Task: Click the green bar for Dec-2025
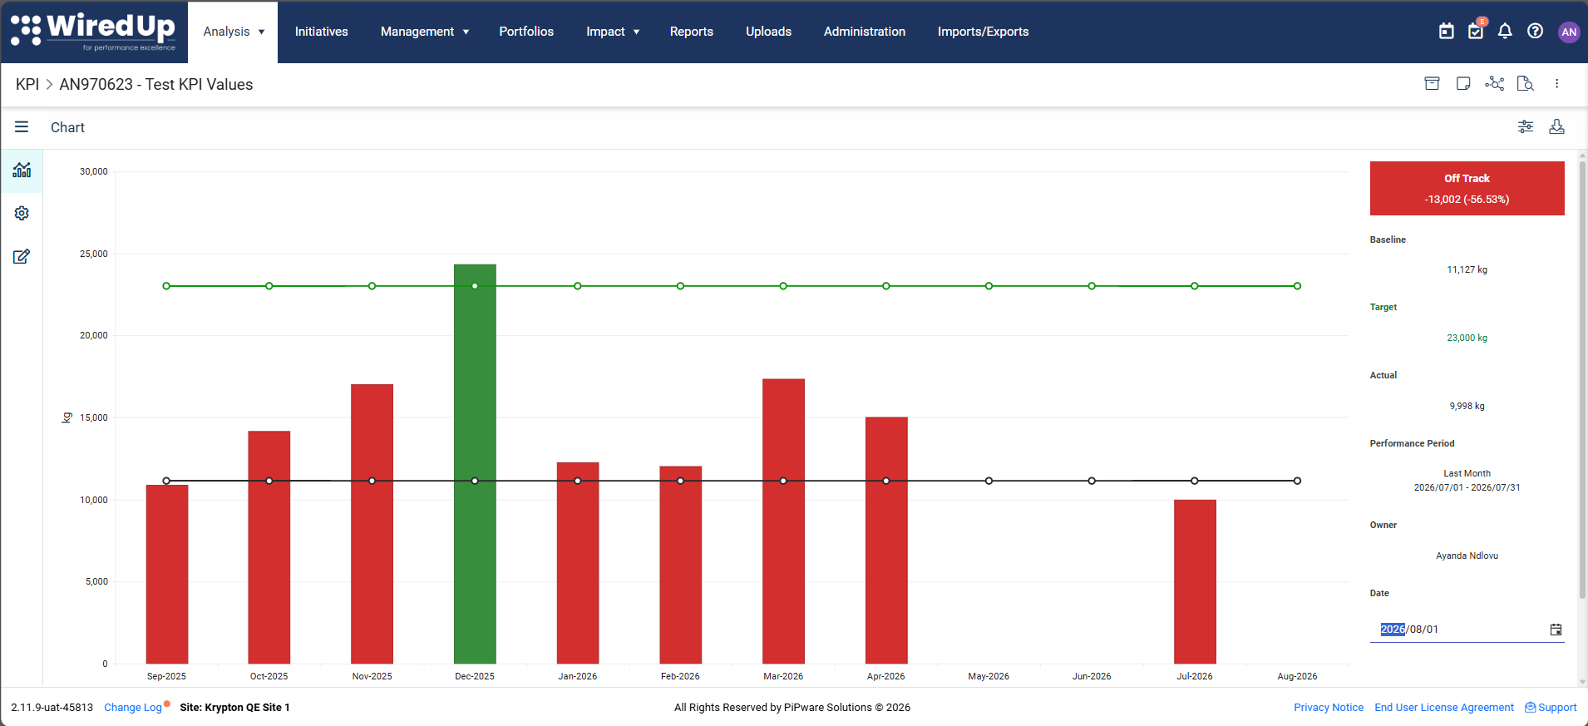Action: (475, 464)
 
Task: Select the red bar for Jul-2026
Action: (1195, 581)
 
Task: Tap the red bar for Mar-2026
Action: (783, 521)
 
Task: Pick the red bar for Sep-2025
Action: (167, 574)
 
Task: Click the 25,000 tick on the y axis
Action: (94, 254)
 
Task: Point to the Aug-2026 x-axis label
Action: (1297, 676)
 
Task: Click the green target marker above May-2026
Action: (989, 286)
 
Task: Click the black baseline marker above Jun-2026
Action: (1092, 481)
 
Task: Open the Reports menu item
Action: (692, 32)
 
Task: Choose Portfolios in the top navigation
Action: (526, 32)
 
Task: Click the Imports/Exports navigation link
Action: (983, 32)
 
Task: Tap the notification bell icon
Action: (1505, 32)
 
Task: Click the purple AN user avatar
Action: (1569, 32)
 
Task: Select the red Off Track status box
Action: (1467, 189)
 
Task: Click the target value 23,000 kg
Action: (1467, 338)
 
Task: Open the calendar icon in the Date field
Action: (1556, 630)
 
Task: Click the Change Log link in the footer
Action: (133, 708)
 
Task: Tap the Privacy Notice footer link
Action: (1329, 708)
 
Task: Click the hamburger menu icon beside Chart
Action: (22, 127)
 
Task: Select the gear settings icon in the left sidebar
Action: (22, 214)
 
